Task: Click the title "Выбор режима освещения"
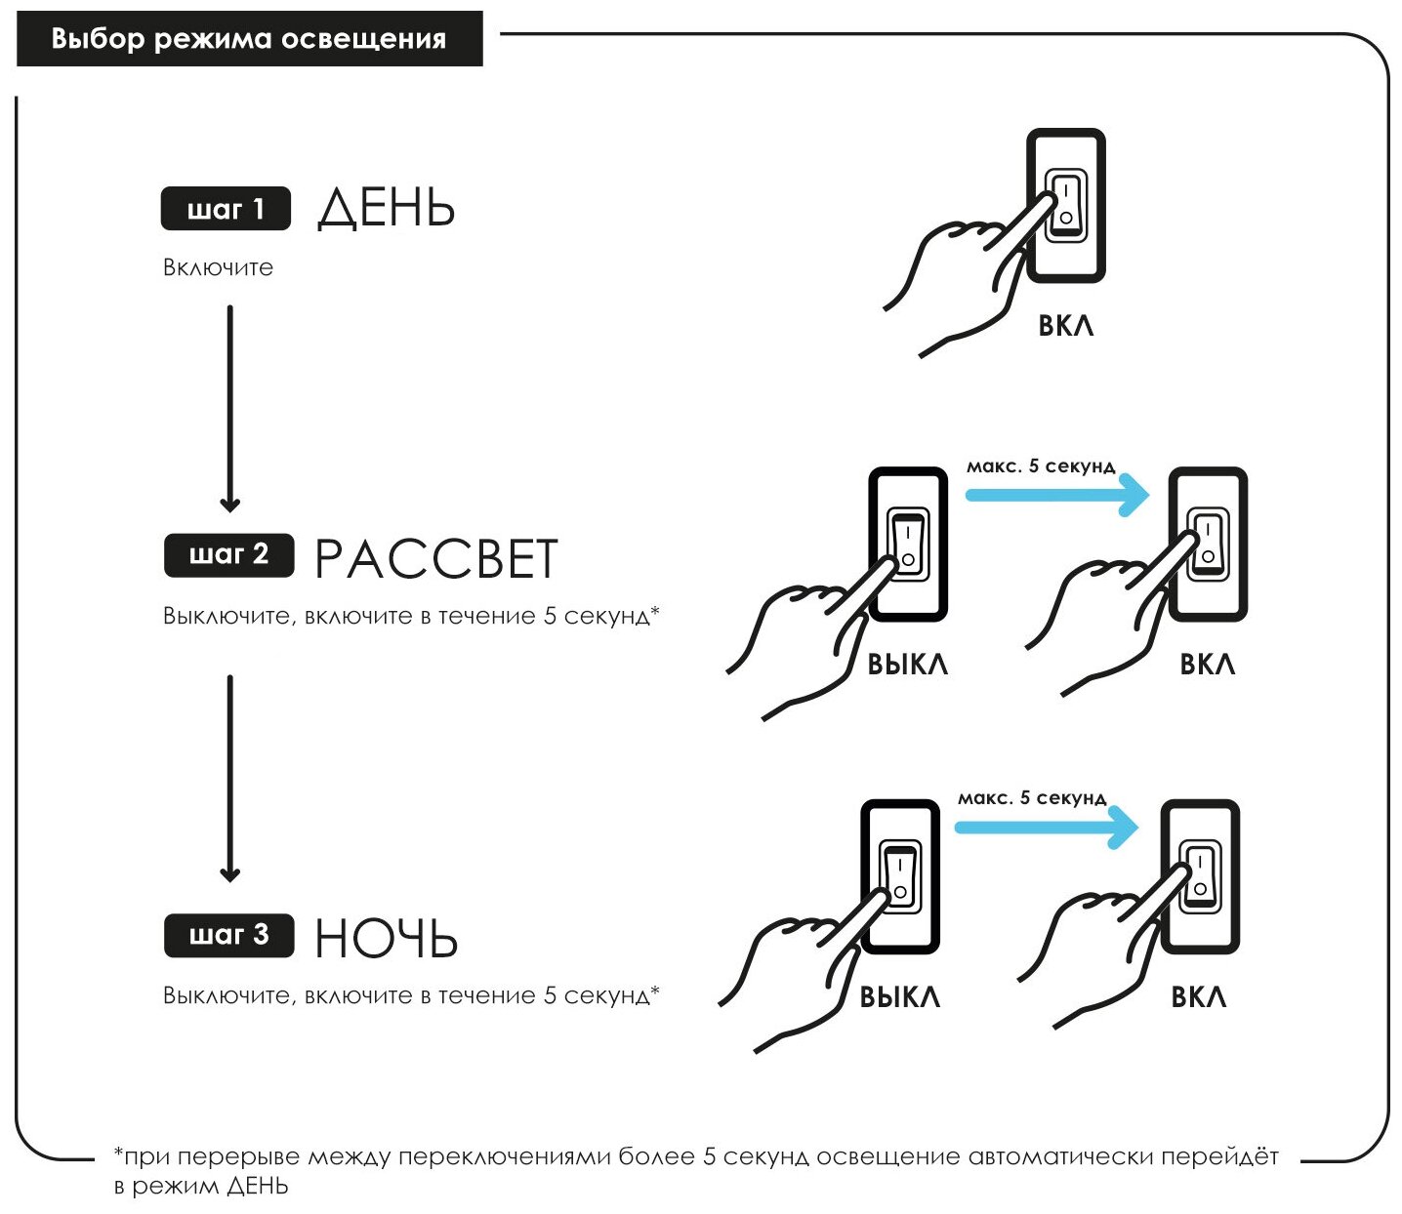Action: coord(249,39)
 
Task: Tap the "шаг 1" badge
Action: coord(226,209)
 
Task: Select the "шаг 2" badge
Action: coord(228,554)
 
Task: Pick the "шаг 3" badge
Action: coord(228,935)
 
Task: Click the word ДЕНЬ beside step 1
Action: coord(387,208)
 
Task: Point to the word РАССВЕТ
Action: coord(435,558)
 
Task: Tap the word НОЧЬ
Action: coord(386,939)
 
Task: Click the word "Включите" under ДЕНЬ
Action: coord(218,267)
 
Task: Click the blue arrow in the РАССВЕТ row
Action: coord(1057,495)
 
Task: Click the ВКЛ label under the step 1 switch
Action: coord(1066,325)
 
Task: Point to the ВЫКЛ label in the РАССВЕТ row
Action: coord(907,665)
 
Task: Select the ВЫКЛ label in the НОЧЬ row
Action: coord(899,997)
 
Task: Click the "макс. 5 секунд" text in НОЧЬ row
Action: coord(1032,798)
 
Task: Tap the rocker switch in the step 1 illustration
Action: coord(1066,204)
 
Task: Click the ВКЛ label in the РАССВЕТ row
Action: coord(1208,665)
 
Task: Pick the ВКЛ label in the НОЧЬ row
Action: coord(1199,997)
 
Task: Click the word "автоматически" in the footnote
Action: coord(1050,1157)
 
